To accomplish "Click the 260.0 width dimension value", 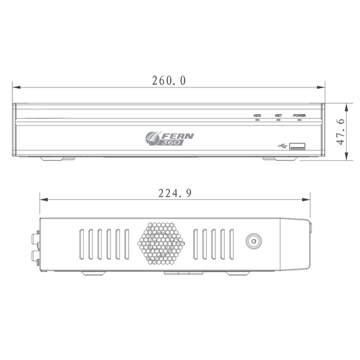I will (x=169, y=81).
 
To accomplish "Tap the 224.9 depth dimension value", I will (x=173, y=193).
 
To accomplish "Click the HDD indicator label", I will (x=258, y=115).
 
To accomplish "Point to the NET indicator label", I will (x=279, y=115).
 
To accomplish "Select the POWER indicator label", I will (x=299, y=115).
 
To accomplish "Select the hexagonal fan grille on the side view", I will (x=163, y=245).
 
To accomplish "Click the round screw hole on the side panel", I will (x=253, y=243).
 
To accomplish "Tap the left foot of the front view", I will (x=58, y=158).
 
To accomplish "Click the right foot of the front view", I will (x=279, y=158).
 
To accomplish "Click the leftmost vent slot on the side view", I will (x=81, y=245).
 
